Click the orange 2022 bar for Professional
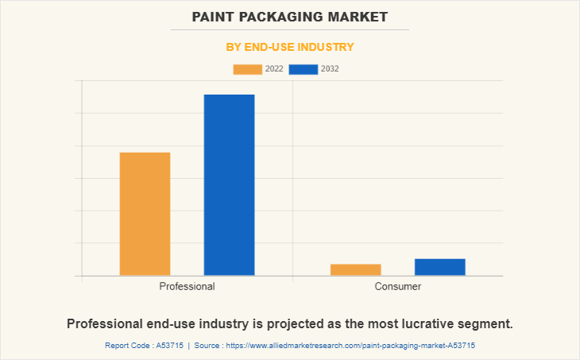pyautogui.click(x=145, y=214)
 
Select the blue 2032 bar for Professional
pyautogui.click(x=229, y=185)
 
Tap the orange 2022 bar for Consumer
pyautogui.click(x=355, y=269)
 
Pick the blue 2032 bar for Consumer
pyautogui.click(x=439, y=267)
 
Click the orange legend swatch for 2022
pyautogui.click(x=247, y=69)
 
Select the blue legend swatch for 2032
pyautogui.click(x=304, y=69)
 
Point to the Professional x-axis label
pyautogui.click(x=187, y=286)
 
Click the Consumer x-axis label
pyautogui.click(x=397, y=286)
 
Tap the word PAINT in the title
pyautogui.click(x=218, y=16)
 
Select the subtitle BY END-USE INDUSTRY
pyautogui.click(x=290, y=47)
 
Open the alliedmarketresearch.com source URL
pyautogui.click(x=350, y=346)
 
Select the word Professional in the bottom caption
pyautogui.click(x=106, y=324)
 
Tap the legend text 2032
pyautogui.click(x=330, y=69)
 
